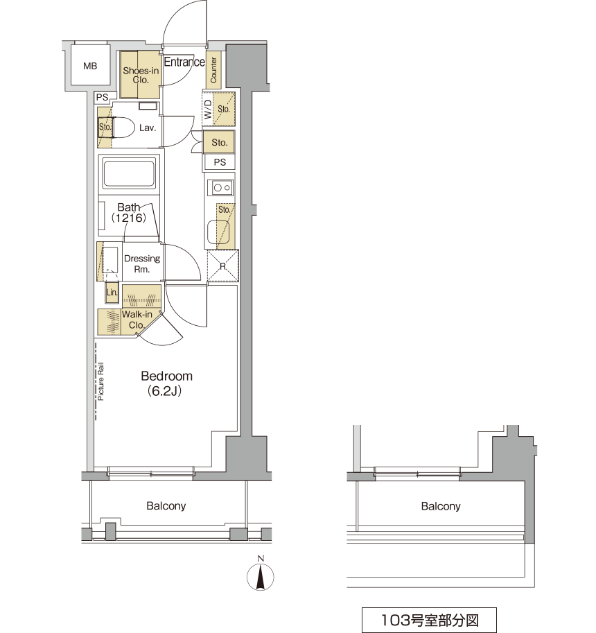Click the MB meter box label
point(90,66)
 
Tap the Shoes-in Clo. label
point(141,75)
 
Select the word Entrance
point(184,62)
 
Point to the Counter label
point(213,70)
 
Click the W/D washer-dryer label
point(208,109)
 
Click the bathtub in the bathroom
point(129,173)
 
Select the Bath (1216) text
point(129,213)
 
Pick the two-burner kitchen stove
point(221,188)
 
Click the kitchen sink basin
point(218,232)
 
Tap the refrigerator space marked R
point(222,266)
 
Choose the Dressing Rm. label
point(142,263)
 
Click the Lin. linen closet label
point(112,293)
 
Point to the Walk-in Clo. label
point(137,320)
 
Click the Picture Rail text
point(100,381)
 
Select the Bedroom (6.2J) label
point(166,383)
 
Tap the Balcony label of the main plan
point(166,506)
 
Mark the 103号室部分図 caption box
point(429,620)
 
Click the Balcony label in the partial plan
point(441,506)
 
